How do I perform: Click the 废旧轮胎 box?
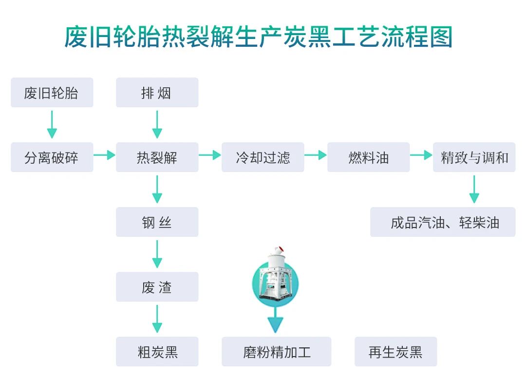(52, 93)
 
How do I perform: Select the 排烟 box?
(157, 93)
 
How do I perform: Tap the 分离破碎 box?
(52, 157)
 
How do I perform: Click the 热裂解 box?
(157, 157)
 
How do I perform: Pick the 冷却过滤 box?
(263, 157)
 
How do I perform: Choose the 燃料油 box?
(368, 157)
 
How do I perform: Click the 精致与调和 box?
(474, 157)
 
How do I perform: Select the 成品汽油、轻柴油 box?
(443, 222)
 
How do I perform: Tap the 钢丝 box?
(157, 222)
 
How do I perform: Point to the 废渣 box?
(157, 287)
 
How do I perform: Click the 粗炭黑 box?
(157, 351)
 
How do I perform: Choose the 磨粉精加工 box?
(276, 351)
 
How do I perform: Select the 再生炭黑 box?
(395, 351)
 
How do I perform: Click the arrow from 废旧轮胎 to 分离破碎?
(52, 125)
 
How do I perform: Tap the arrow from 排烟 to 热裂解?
(157, 125)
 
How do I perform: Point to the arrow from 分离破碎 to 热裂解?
(104, 155)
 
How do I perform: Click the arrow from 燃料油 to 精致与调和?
(421, 155)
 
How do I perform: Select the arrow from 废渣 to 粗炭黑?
(157, 319)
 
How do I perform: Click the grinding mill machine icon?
(275, 280)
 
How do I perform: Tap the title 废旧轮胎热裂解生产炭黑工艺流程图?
(259, 37)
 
